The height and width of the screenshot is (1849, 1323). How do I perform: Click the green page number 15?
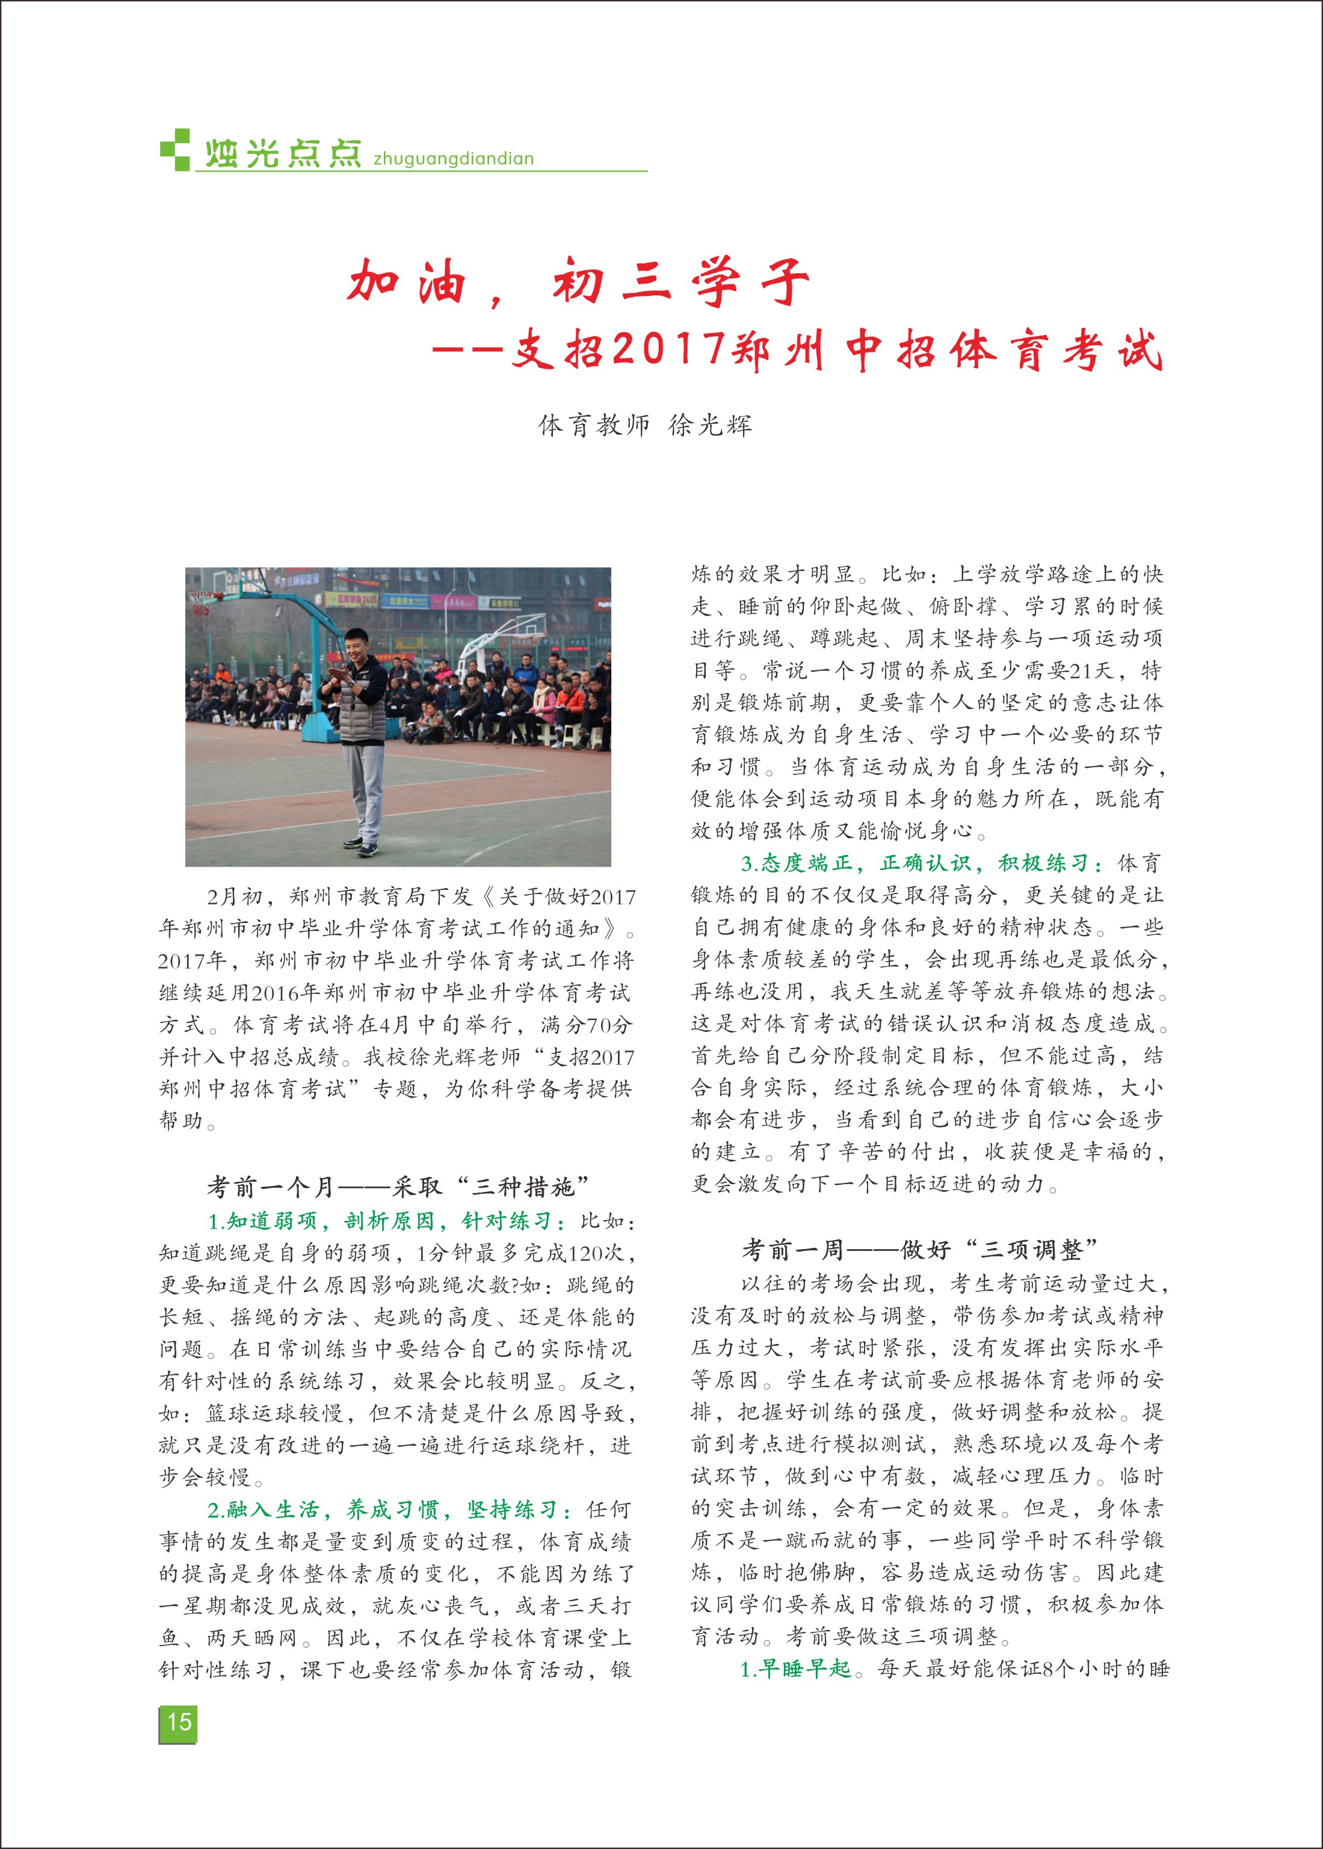point(179,1722)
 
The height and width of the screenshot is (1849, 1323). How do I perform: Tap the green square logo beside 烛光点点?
point(175,150)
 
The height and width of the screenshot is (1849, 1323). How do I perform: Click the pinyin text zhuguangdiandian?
point(453,159)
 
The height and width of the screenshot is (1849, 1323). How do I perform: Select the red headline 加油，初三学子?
point(578,282)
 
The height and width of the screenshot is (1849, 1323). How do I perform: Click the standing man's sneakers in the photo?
point(363,847)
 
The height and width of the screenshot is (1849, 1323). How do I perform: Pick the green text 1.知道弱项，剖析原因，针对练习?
point(388,1221)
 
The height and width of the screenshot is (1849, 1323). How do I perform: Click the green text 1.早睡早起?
point(795,1669)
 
